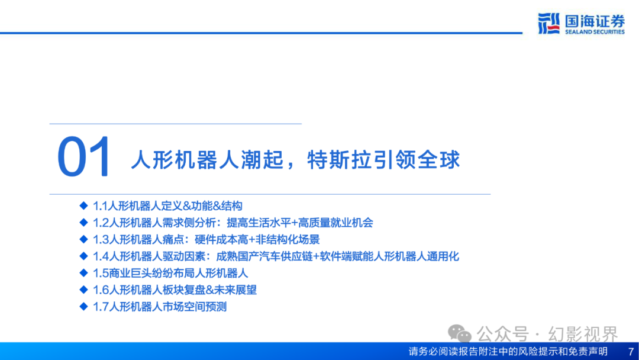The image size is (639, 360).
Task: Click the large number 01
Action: [83, 157]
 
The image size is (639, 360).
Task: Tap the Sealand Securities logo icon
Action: [549, 23]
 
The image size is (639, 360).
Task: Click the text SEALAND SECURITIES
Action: [595, 32]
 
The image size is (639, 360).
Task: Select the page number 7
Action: [631, 352]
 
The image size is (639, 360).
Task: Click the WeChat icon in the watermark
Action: [459, 333]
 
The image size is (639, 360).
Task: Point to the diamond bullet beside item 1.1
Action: [84, 205]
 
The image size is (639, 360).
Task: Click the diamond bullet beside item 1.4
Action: [84, 256]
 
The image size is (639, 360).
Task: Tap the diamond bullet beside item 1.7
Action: [84, 306]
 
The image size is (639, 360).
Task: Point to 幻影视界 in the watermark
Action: [583, 334]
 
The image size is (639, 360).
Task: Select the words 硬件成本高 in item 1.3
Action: [221, 239]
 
